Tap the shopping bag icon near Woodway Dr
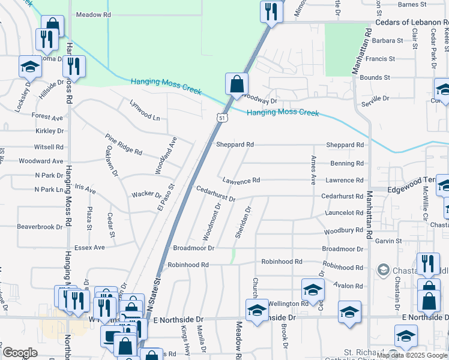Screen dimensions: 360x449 click(x=237, y=84)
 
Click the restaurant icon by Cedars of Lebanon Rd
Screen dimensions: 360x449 click(x=272, y=12)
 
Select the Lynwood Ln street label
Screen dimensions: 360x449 click(x=145, y=110)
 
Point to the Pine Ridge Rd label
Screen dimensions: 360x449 click(x=123, y=144)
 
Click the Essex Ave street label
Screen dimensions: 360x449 click(x=89, y=247)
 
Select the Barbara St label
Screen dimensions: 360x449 click(x=388, y=41)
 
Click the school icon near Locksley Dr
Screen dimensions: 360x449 click(x=29, y=66)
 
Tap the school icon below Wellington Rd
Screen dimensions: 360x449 click(x=257, y=311)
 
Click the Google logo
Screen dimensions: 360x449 click(x=19, y=353)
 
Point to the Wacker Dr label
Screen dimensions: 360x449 click(x=147, y=195)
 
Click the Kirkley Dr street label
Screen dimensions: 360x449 click(x=49, y=131)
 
